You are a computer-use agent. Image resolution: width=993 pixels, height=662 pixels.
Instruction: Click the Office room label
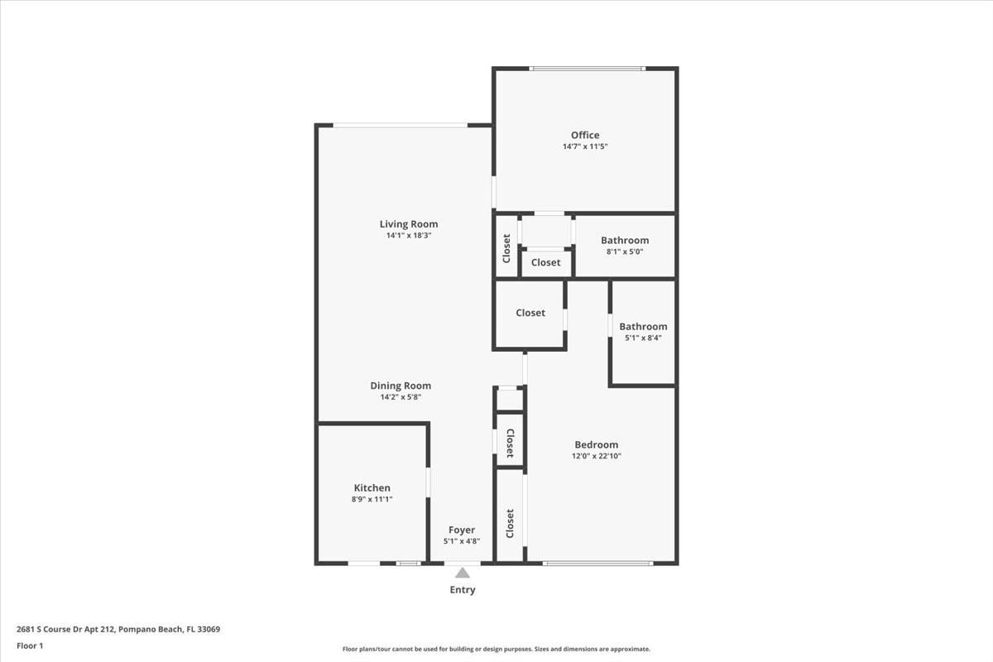[x=585, y=135]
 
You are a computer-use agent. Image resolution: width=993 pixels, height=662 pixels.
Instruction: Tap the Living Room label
[x=408, y=224]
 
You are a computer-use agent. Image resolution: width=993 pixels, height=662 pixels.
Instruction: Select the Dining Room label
[x=401, y=386]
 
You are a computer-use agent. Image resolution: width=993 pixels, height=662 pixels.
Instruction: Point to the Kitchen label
[x=372, y=487]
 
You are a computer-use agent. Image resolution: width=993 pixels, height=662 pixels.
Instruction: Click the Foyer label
[x=462, y=530]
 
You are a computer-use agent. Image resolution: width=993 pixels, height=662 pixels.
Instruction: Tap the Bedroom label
[x=597, y=444]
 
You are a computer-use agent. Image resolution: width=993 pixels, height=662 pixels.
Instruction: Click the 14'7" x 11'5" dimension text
[x=585, y=146]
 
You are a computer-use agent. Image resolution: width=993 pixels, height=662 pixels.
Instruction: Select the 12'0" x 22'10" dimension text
[x=597, y=456]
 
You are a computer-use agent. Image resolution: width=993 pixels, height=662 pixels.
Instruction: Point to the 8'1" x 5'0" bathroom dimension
[x=625, y=252]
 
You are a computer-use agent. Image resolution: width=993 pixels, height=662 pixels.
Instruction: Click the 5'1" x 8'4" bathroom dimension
[x=643, y=338]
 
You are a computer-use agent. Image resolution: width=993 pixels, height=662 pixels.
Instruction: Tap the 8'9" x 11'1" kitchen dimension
[x=372, y=499]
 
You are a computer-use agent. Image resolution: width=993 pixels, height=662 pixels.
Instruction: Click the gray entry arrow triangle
[x=463, y=573]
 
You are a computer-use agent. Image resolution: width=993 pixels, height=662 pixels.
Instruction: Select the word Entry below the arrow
[x=463, y=590]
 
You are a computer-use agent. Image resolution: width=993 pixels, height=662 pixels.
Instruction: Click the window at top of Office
[x=588, y=69]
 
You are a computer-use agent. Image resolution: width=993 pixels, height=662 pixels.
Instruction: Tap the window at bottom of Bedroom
[x=598, y=564]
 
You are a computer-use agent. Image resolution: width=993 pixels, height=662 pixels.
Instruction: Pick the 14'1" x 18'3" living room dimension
[x=408, y=236]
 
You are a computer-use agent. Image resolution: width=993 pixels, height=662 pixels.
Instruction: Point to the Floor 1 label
[x=30, y=645]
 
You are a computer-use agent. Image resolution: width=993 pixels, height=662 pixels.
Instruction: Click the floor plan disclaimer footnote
[x=496, y=649]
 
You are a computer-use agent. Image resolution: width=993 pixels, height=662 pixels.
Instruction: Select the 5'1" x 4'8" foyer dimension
[x=462, y=541]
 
